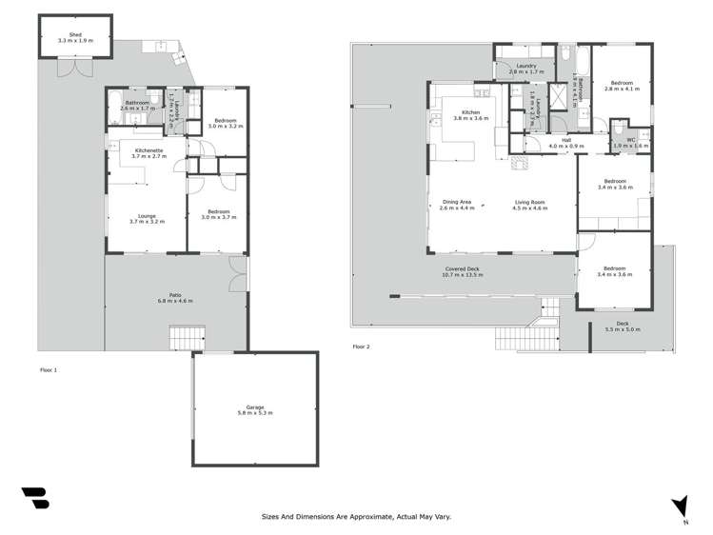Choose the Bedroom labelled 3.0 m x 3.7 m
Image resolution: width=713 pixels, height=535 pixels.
point(218,214)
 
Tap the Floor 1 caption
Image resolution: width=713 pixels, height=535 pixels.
point(50,368)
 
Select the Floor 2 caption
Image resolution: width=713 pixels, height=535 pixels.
point(361,347)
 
